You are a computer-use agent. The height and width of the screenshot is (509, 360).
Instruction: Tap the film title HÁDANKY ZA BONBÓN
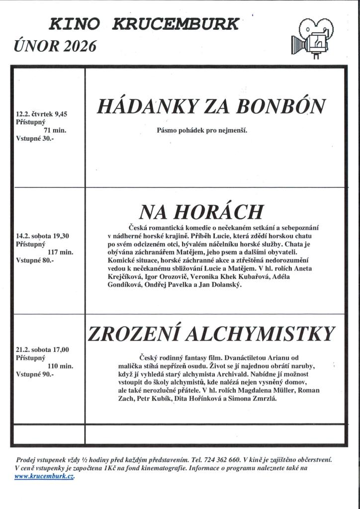click(211, 106)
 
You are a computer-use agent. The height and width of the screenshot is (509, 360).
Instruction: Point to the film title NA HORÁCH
click(201, 212)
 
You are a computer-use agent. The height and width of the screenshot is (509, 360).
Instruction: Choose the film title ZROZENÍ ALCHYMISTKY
click(211, 334)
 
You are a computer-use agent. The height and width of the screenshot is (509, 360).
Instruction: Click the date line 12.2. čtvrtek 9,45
click(41, 114)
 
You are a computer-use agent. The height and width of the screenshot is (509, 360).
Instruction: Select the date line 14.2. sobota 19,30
click(42, 236)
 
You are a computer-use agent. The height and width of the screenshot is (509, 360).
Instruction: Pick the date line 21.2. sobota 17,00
click(42, 349)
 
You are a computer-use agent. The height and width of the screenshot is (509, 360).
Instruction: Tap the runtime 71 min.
click(55, 130)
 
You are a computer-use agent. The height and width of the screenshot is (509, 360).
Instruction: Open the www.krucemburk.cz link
click(44, 476)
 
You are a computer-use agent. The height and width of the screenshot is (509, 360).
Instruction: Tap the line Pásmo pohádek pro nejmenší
click(202, 131)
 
